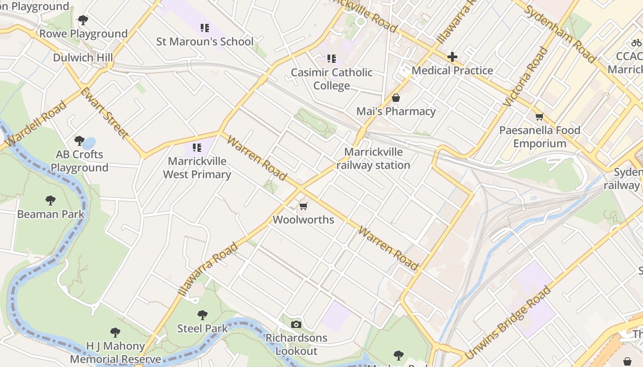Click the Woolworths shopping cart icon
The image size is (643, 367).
pyautogui.click(x=303, y=206)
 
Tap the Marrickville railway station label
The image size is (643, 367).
pyautogui.click(x=373, y=159)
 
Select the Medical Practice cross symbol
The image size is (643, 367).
pyautogui.click(x=452, y=57)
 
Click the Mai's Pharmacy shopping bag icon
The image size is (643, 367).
pyautogui.click(x=395, y=98)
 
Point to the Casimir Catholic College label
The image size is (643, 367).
pyautogui.click(x=332, y=79)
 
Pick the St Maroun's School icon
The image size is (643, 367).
pyautogui.click(x=205, y=28)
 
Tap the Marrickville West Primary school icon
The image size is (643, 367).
pyautogui.click(x=197, y=148)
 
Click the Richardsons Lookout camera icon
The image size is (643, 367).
pyautogui.click(x=296, y=325)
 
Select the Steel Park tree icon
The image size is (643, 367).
pyautogui.click(x=202, y=315)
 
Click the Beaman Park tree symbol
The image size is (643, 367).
pyautogui.click(x=51, y=200)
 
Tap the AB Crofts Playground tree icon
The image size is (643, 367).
pyautogui.click(x=79, y=140)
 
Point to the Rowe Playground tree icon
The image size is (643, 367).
pyautogui.click(x=83, y=20)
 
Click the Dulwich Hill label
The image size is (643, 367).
pyautogui.click(x=83, y=58)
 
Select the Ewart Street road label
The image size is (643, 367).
pyautogui.click(x=104, y=113)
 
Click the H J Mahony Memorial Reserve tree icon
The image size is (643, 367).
pyautogui.click(x=115, y=332)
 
